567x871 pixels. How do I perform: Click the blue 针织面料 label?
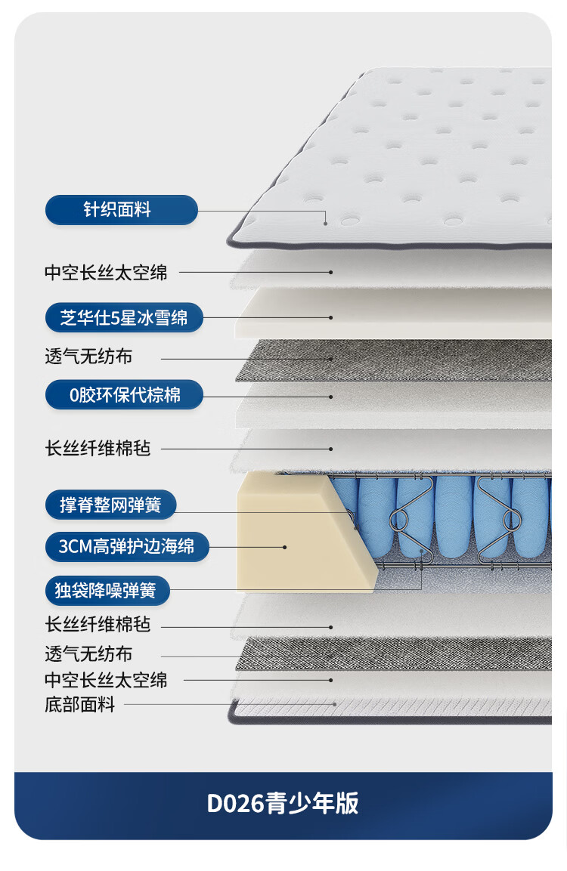121,210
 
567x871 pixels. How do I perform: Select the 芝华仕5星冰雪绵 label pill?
124,318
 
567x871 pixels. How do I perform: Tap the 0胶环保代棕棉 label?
124,394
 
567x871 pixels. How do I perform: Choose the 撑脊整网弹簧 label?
110,505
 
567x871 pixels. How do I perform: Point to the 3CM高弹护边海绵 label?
126,546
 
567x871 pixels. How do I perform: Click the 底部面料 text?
79,705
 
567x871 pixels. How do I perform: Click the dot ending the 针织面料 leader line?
326,223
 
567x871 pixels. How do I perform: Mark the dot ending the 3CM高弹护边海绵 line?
285,546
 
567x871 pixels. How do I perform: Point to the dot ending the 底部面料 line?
333,704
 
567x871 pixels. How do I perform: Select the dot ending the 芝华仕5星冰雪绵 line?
331,318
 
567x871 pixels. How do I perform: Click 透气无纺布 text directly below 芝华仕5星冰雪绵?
88,357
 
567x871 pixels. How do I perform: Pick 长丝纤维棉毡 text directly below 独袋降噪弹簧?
98,625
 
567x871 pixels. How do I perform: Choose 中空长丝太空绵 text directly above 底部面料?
106,680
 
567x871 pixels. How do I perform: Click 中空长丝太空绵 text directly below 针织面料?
106,272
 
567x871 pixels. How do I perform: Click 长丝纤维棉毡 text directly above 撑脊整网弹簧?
98,448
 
